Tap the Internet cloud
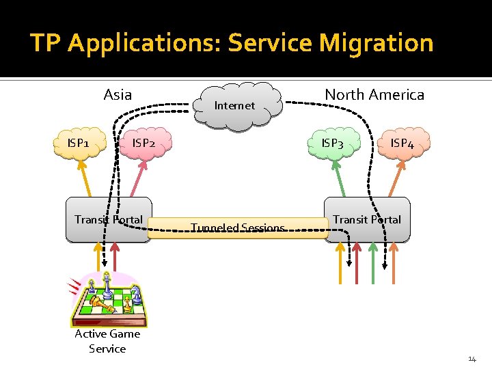[235, 105]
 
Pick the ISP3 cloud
[333, 143]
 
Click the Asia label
[118, 94]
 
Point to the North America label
[374, 94]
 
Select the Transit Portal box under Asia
[109, 220]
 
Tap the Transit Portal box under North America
[367, 220]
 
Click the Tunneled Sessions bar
[238, 228]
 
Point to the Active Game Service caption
[107, 341]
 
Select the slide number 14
[471, 359]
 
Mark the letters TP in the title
[46, 43]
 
